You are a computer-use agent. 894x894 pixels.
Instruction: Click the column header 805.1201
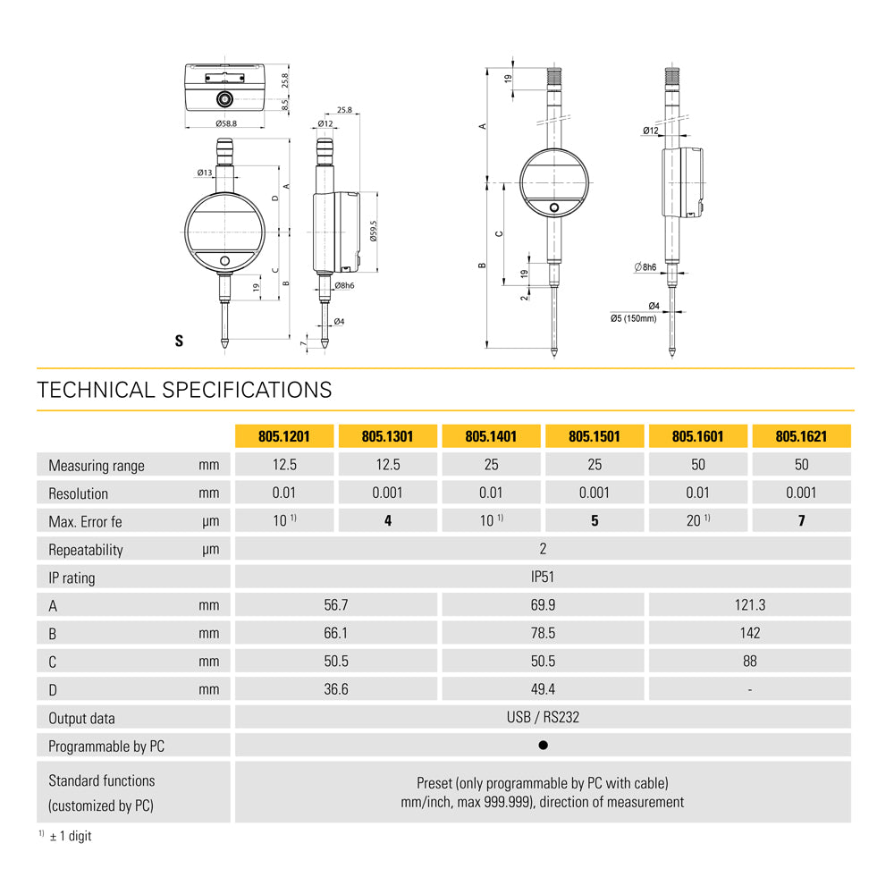pyautogui.click(x=284, y=437)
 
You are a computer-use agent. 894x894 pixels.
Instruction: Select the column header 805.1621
pyautogui.click(x=801, y=437)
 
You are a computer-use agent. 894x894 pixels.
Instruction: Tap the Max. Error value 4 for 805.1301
pyautogui.click(x=388, y=520)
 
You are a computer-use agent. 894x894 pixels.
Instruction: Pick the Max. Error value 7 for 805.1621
pyautogui.click(x=801, y=520)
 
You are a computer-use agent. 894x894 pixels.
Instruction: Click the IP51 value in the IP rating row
pyautogui.click(x=543, y=577)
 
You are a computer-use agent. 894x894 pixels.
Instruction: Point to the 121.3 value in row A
pyautogui.click(x=750, y=605)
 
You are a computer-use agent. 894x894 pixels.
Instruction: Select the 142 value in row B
pyautogui.click(x=750, y=633)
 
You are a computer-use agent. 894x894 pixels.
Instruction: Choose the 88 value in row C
pyautogui.click(x=750, y=662)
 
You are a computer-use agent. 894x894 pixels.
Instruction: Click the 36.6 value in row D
pyautogui.click(x=336, y=689)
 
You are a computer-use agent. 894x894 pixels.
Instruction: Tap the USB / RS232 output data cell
pyautogui.click(x=543, y=717)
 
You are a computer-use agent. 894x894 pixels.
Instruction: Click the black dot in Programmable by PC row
pyautogui.click(x=543, y=746)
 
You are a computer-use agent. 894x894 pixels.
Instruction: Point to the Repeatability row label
pyautogui.click(x=86, y=550)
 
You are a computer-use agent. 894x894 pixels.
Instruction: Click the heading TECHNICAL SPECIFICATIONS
pyautogui.click(x=184, y=390)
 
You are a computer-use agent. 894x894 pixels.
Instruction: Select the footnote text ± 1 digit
pyautogui.click(x=71, y=836)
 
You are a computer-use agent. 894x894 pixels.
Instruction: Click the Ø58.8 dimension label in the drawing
pyautogui.click(x=226, y=123)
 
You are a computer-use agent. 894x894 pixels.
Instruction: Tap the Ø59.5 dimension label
pyautogui.click(x=374, y=231)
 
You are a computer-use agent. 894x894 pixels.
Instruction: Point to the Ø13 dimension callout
pyautogui.click(x=205, y=173)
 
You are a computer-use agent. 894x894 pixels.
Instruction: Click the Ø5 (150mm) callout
pyautogui.click(x=634, y=319)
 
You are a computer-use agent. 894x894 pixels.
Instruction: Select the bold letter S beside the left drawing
pyautogui.click(x=179, y=341)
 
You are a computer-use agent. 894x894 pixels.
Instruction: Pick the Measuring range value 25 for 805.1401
pyautogui.click(x=491, y=465)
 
